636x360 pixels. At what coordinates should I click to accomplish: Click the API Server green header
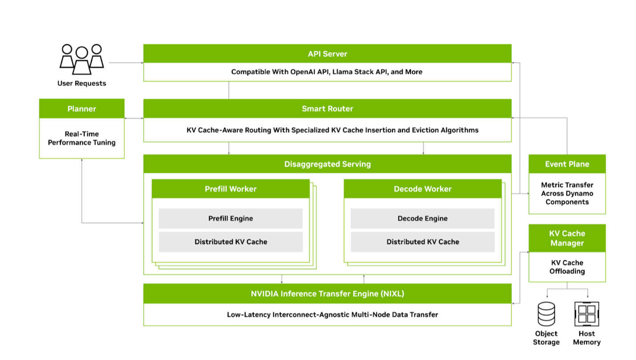pos(327,54)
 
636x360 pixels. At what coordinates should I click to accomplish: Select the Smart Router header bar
pos(327,109)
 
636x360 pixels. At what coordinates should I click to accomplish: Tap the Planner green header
pos(81,109)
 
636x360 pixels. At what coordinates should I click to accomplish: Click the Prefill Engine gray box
pos(230,218)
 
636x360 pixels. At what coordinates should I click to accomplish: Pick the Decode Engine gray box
pos(423,218)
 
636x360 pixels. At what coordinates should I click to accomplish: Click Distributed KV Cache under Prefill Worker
pos(230,242)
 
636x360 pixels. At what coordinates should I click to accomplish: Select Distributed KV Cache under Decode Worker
pos(423,242)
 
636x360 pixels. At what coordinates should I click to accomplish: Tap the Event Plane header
pos(567,164)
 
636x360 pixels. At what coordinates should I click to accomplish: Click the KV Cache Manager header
pos(567,238)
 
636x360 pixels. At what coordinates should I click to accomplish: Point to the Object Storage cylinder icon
pos(547,314)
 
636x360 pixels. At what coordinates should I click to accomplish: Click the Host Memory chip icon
pos(587,314)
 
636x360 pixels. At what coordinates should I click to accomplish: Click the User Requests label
pos(82,83)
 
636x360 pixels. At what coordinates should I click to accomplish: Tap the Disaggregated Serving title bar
pos(327,164)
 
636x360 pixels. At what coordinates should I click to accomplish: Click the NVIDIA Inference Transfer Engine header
pos(327,294)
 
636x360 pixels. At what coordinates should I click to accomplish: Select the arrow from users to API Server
pos(125,63)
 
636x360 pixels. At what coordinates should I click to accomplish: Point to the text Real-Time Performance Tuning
pos(81,138)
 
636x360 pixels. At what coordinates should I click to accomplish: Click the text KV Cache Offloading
pos(567,267)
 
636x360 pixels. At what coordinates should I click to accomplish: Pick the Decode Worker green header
pos(423,189)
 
